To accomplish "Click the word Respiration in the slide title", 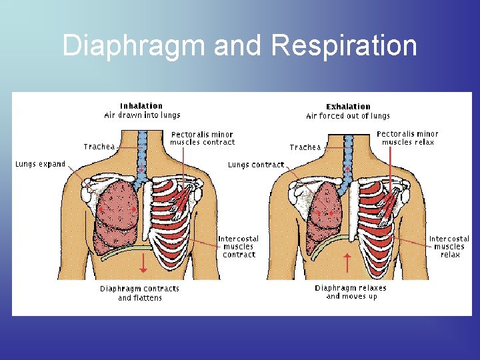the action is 344,46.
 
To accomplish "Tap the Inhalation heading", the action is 141,105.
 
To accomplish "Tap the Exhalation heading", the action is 348,106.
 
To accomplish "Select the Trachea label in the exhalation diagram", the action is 306,147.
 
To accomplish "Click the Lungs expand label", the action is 40,164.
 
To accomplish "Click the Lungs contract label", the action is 256,165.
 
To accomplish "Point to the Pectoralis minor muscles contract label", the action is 203,138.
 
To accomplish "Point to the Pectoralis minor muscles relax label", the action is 408,138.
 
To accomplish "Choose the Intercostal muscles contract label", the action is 239,246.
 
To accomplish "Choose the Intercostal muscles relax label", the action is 449,246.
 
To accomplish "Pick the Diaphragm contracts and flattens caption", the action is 140,293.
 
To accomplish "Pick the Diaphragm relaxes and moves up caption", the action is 351,292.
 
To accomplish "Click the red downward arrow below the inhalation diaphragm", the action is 143,261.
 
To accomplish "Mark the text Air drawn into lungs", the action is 141,115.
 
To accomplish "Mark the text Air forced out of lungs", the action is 348,116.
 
